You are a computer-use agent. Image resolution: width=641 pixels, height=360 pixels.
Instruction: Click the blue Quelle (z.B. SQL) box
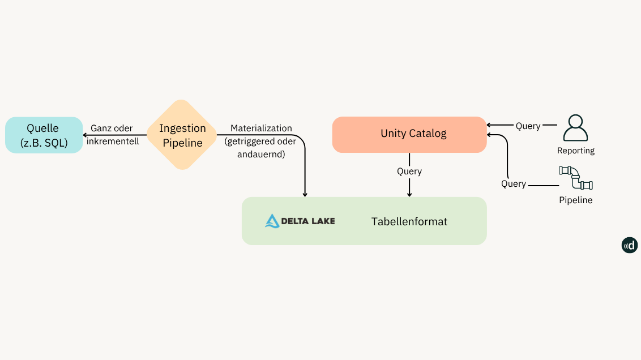coord(44,135)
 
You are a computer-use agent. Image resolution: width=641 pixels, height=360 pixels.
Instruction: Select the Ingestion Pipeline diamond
coord(182,135)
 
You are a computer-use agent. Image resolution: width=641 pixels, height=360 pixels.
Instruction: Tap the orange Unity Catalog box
coord(409,134)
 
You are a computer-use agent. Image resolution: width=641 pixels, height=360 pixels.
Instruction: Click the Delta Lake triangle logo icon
coord(272,221)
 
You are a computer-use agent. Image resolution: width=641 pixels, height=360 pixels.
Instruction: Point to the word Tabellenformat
coord(409,222)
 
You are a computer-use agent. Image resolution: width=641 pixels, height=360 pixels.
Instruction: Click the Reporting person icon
coord(575,128)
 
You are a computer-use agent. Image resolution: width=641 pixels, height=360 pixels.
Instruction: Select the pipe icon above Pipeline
coord(575,178)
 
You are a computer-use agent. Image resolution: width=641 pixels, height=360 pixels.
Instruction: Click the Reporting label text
coord(575,151)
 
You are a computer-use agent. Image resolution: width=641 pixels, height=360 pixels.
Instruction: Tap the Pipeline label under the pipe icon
coord(575,200)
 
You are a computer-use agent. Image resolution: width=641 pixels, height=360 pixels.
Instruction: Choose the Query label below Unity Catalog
coord(409,172)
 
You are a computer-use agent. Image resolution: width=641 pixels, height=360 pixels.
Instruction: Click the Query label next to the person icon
coord(528,126)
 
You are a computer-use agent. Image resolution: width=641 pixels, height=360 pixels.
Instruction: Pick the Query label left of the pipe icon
coord(513,184)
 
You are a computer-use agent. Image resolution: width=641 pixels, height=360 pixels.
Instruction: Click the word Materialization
coord(261,128)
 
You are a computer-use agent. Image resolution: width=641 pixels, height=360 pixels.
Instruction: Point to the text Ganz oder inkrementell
coord(113,135)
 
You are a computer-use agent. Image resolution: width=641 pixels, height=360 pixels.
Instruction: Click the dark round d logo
coord(629,245)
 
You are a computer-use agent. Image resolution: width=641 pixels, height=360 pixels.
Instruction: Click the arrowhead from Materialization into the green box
coord(305,194)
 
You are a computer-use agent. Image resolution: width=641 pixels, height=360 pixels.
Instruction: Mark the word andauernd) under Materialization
coord(261,154)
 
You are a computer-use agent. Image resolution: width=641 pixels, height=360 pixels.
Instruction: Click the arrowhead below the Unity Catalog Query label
coord(409,194)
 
